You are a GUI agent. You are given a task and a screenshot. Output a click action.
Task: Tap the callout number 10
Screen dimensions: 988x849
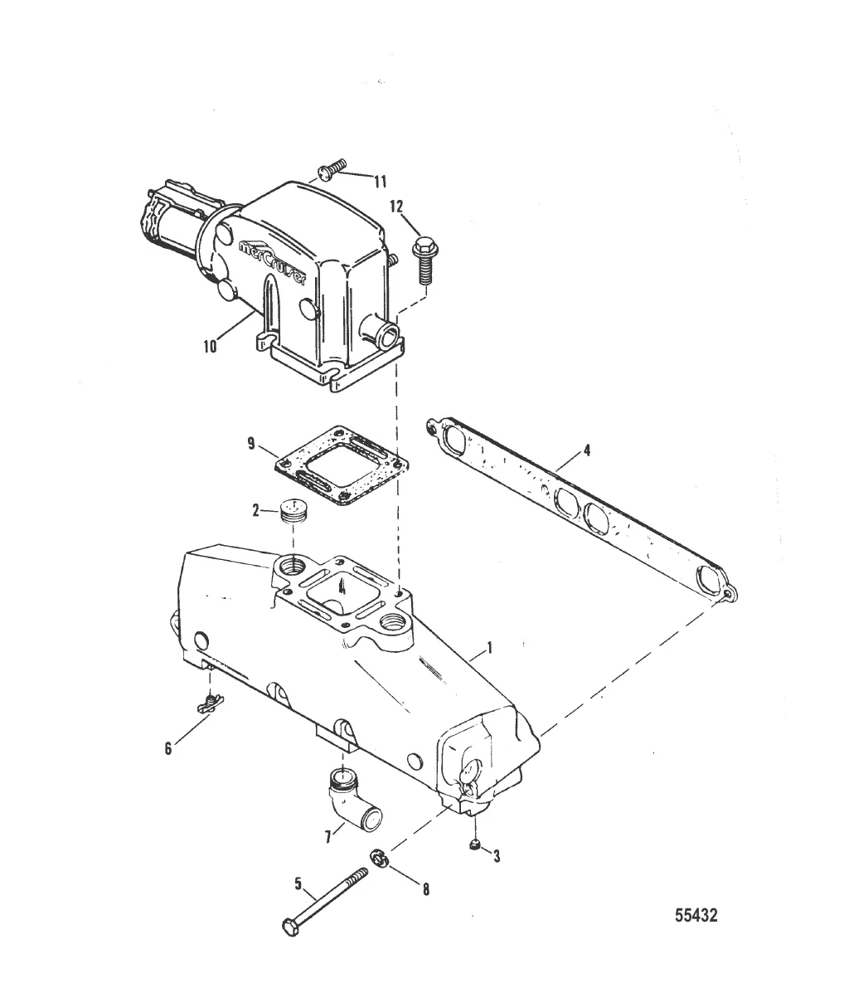coord(210,346)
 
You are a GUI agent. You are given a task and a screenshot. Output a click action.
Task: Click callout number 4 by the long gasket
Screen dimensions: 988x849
coord(586,451)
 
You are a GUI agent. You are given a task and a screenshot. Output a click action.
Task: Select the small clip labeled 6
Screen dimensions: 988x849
coord(211,703)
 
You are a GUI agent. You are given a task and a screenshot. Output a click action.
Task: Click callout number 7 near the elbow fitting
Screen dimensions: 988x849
coord(328,837)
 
